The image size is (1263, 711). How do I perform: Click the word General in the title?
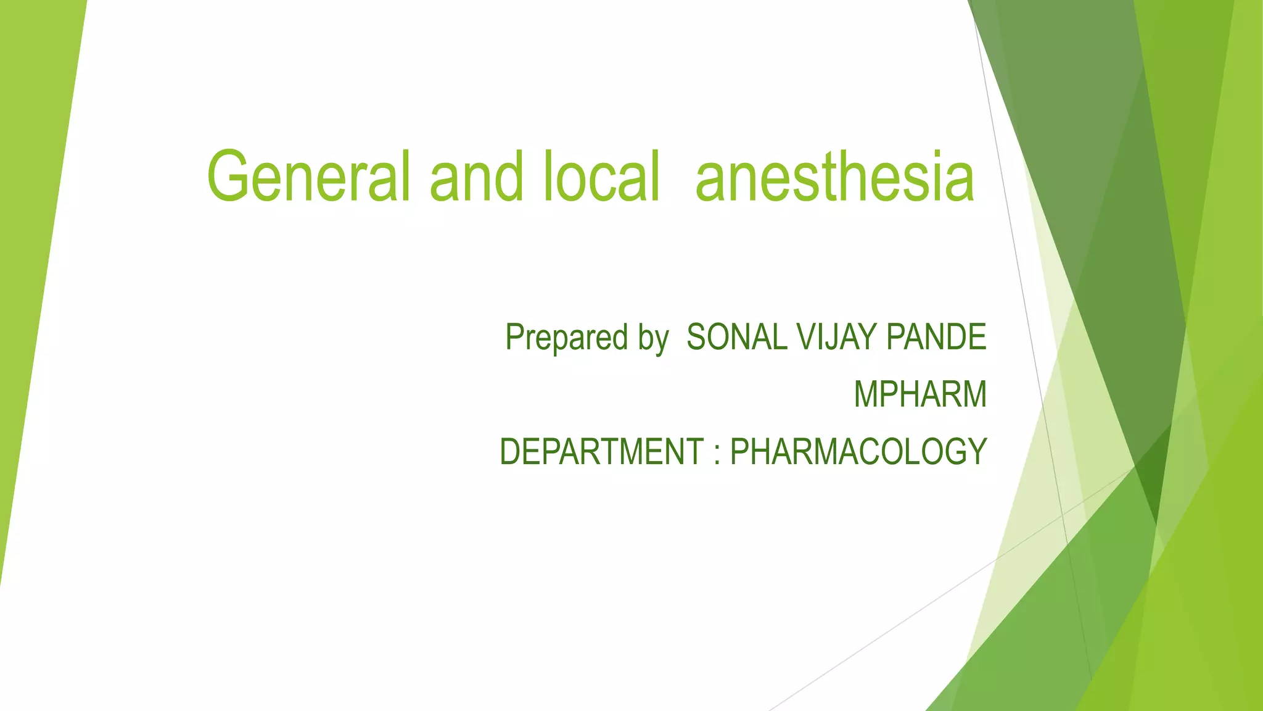tap(308, 177)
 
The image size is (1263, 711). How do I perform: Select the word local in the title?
tap(602, 177)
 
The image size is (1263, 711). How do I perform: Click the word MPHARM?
tap(920, 395)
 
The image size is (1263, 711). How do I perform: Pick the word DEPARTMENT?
tap(601, 452)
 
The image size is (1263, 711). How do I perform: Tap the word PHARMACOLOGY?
tap(858, 452)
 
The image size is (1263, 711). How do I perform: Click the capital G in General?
tap(229, 177)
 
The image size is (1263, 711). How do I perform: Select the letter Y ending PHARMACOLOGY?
tap(976, 452)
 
